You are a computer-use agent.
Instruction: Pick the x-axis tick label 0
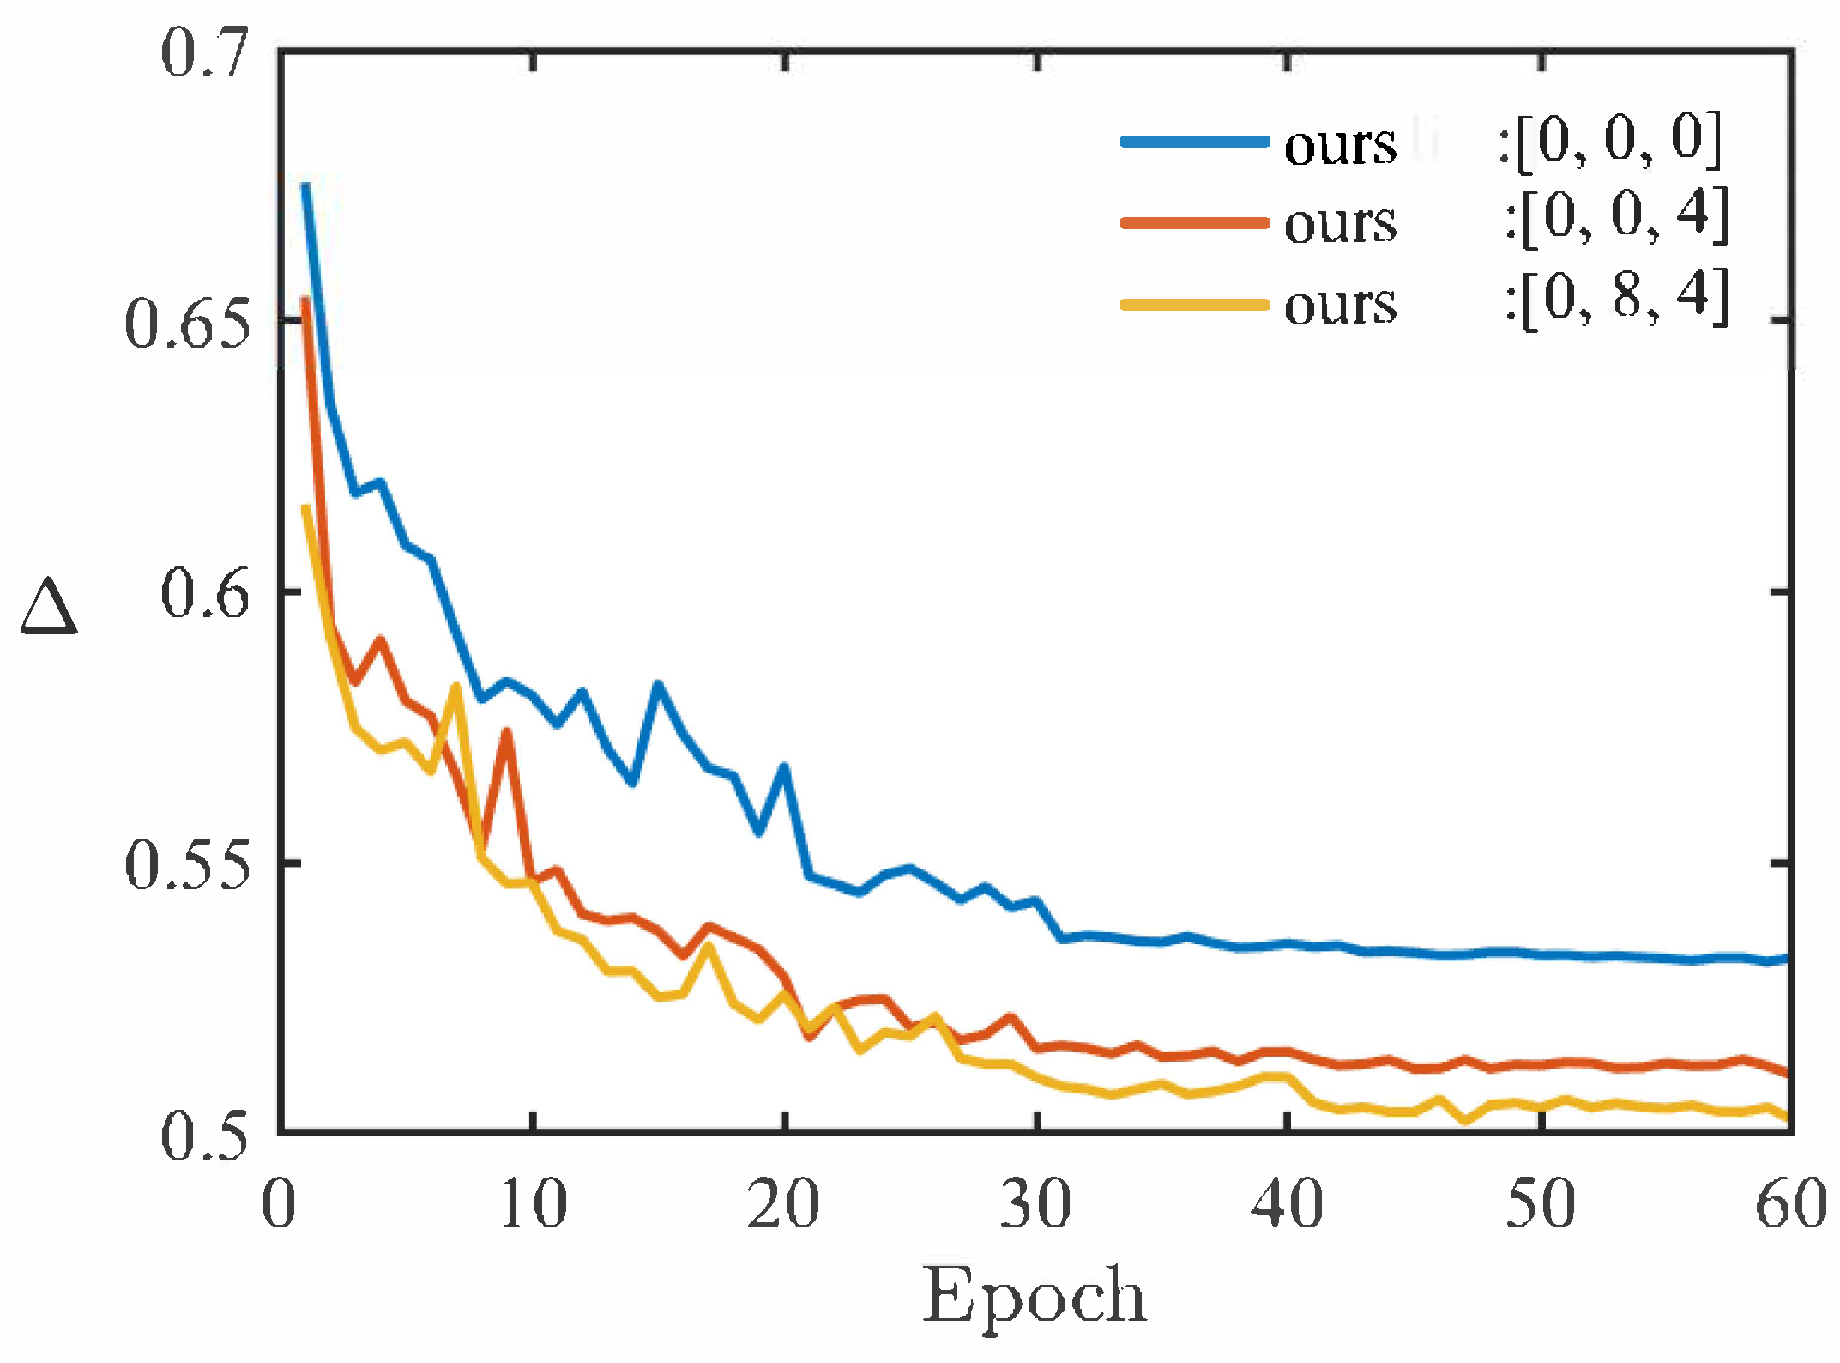pyautogui.click(x=279, y=1204)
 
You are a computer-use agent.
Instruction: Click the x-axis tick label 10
pyautogui.click(x=533, y=1204)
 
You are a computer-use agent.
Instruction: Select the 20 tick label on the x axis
pyautogui.click(x=783, y=1204)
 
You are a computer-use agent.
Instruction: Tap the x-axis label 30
pyautogui.click(x=1035, y=1204)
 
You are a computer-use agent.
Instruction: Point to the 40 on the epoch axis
pyautogui.click(x=1287, y=1204)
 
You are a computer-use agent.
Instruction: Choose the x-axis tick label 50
pyautogui.click(x=1541, y=1204)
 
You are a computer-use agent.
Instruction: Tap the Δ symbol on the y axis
pyautogui.click(x=49, y=607)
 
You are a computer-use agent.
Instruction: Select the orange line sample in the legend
pyautogui.click(x=1194, y=223)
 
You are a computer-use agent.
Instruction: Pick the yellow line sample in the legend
pyautogui.click(x=1194, y=304)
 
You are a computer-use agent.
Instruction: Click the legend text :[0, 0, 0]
pyautogui.click(x=1609, y=140)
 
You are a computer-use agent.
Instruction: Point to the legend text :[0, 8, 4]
pyautogui.click(x=1616, y=298)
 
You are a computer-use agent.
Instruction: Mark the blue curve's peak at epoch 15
pyautogui.click(x=658, y=684)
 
